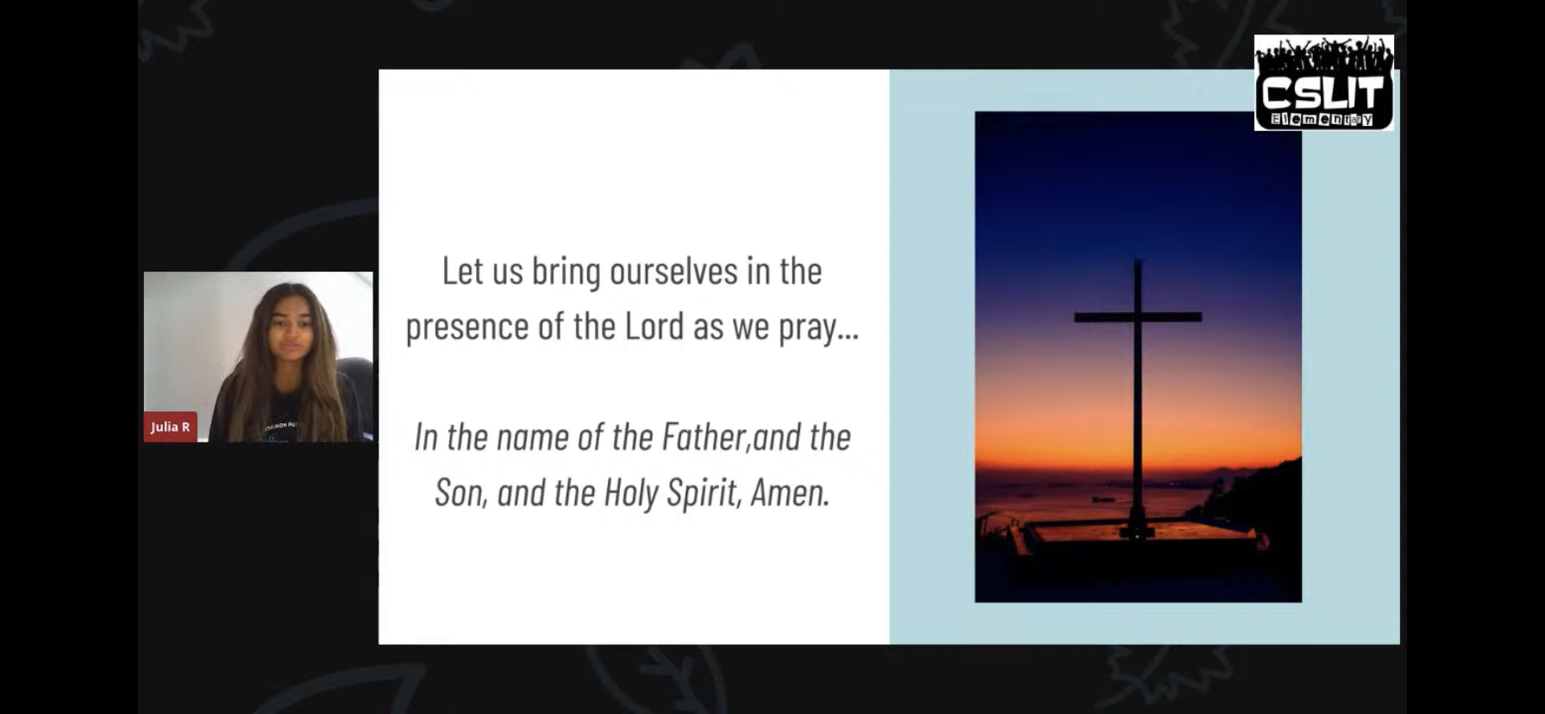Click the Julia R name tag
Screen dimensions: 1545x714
click(170, 427)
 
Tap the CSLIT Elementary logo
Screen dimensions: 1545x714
click(1323, 83)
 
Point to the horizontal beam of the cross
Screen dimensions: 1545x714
click(1138, 317)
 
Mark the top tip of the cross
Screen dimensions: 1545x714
click(1138, 260)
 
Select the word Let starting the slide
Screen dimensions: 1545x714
click(462, 271)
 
